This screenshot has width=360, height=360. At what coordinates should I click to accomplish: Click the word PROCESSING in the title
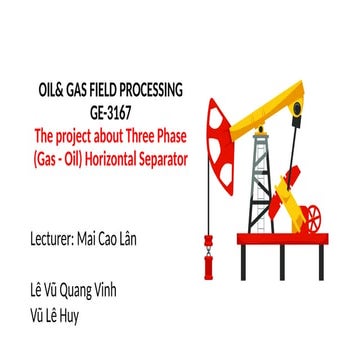pos(147,91)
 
